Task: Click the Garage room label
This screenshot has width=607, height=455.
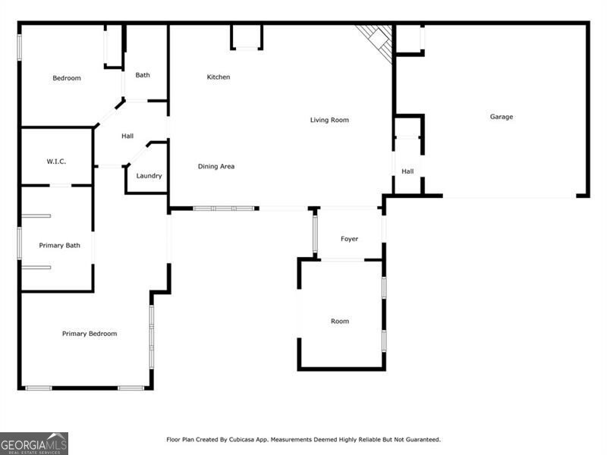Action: [x=501, y=117]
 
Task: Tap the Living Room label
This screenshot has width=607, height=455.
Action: [x=329, y=120]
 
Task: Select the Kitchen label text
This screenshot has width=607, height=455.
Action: [x=219, y=77]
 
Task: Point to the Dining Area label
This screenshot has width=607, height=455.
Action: [x=216, y=167]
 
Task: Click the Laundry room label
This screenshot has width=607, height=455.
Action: [x=149, y=176]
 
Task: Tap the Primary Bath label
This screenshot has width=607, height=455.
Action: [x=60, y=246]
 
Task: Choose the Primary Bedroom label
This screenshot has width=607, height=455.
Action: [x=90, y=334]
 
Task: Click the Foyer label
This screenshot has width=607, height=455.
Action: [x=349, y=240]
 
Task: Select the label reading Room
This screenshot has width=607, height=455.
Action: [x=340, y=322]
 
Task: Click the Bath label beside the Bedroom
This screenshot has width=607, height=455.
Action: [x=143, y=75]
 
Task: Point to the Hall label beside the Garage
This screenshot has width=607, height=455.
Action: [x=407, y=172]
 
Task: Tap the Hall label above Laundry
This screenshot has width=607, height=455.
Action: [x=127, y=136]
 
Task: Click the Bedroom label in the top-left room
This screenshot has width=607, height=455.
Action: [x=67, y=78]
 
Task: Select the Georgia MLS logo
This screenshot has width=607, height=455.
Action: [x=34, y=443]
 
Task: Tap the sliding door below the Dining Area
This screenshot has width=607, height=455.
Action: [x=224, y=208]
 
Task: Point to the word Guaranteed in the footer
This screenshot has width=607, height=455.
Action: [x=420, y=440]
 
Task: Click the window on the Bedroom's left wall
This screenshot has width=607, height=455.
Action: [x=20, y=45]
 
